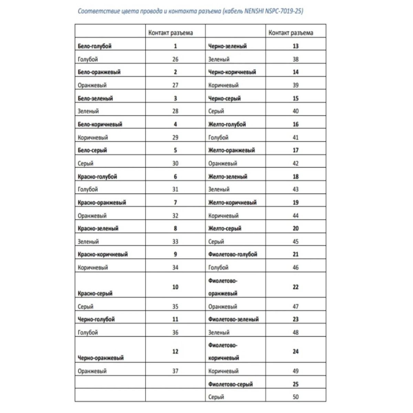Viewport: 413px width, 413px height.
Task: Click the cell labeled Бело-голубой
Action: click(x=95, y=46)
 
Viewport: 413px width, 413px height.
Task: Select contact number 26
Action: click(x=175, y=59)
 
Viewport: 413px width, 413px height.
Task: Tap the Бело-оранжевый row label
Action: click(x=99, y=72)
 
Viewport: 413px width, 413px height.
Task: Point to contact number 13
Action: click(x=295, y=46)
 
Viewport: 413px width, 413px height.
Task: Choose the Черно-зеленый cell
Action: click(x=227, y=46)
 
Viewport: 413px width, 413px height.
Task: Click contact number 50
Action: click(x=295, y=397)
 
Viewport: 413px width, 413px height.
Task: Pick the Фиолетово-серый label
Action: click(x=230, y=384)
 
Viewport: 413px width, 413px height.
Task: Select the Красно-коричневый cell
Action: click(x=103, y=254)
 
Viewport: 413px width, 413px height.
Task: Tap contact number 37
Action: click(x=175, y=371)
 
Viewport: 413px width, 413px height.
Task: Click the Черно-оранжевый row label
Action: click(x=100, y=358)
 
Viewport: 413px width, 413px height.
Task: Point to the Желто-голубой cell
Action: click(x=227, y=124)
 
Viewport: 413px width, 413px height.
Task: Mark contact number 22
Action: click(x=295, y=287)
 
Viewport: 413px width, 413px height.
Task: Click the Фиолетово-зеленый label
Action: click(x=233, y=319)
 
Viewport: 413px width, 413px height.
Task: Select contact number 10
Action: click(x=175, y=287)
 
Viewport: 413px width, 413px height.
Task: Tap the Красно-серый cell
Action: click(x=95, y=294)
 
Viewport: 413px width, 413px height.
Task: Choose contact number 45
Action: click(x=295, y=242)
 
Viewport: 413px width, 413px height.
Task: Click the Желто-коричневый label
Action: click(x=232, y=202)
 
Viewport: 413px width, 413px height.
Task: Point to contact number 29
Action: click(x=175, y=137)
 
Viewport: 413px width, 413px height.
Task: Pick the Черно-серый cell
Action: click(x=224, y=98)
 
